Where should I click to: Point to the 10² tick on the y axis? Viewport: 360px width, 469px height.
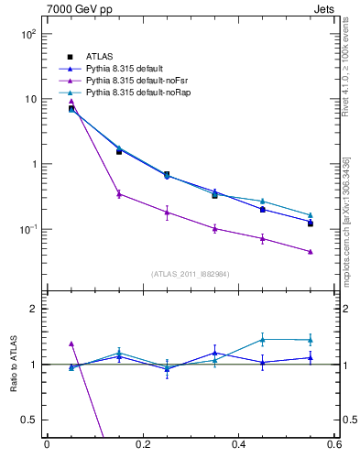pyautogui.click(x=27, y=34)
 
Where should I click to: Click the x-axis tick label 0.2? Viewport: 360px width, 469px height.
pyautogui.click(x=142, y=444)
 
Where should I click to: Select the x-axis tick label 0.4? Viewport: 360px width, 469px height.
pyautogui.click(x=238, y=444)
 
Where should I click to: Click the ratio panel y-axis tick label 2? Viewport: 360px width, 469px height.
pyautogui.click(x=33, y=310)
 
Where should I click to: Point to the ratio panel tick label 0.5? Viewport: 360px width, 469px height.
pyautogui.click(x=29, y=420)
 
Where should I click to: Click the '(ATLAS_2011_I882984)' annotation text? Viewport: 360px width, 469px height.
pyautogui.click(x=191, y=274)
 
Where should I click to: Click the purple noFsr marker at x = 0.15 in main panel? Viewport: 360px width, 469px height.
pyautogui.click(x=119, y=193)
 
